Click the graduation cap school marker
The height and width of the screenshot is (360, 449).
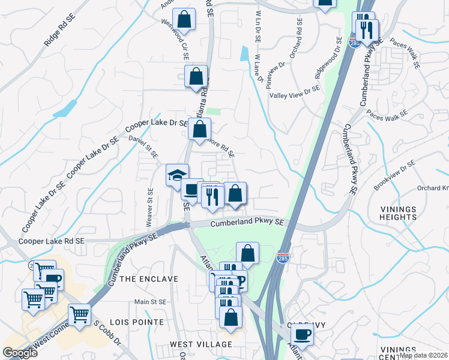coord(177,175)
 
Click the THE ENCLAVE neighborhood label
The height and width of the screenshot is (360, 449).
coord(149,279)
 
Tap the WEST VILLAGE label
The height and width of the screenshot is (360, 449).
coord(200,344)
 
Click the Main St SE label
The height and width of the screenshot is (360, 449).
coord(149,302)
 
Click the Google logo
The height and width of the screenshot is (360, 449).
coord(20,352)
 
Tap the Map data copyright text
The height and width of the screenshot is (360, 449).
coord(423,355)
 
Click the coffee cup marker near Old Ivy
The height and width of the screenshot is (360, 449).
coord(302,334)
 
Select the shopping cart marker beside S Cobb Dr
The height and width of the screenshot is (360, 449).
coord(79,314)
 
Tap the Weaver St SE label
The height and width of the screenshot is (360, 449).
coord(150,203)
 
